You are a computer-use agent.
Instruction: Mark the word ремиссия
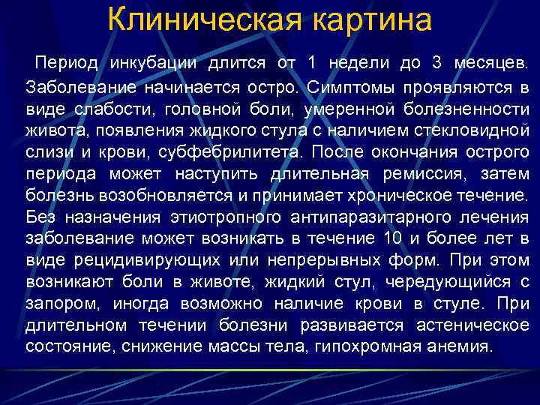(426, 175)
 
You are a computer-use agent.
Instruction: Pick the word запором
(62, 305)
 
